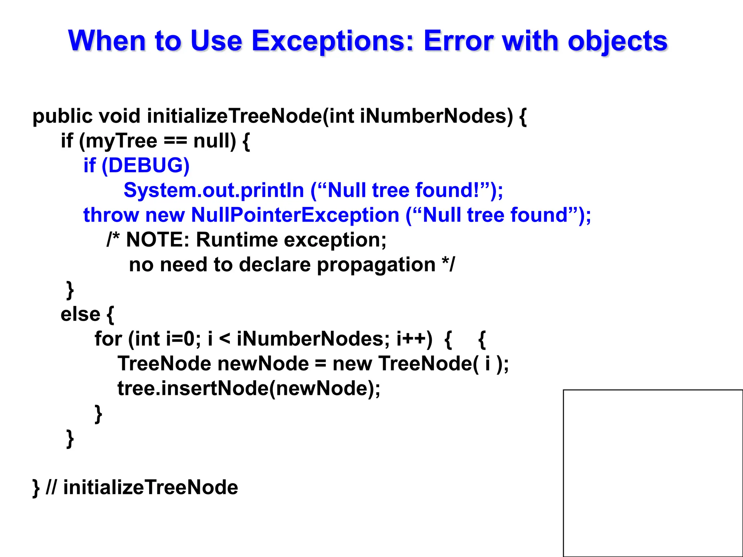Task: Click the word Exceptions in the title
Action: click(332, 41)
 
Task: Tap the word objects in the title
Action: click(617, 41)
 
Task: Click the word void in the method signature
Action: click(119, 116)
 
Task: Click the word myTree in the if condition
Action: click(121, 141)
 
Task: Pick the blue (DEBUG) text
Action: click(145, 166)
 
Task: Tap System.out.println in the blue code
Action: click(213, 190)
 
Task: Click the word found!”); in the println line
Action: click(459, 190)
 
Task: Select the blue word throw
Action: click(111, 215)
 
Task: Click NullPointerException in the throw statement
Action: click(295, 215)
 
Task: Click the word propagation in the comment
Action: click(376, 265)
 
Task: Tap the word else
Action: click(80, 314)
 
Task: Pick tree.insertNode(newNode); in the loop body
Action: click(249, 388)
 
